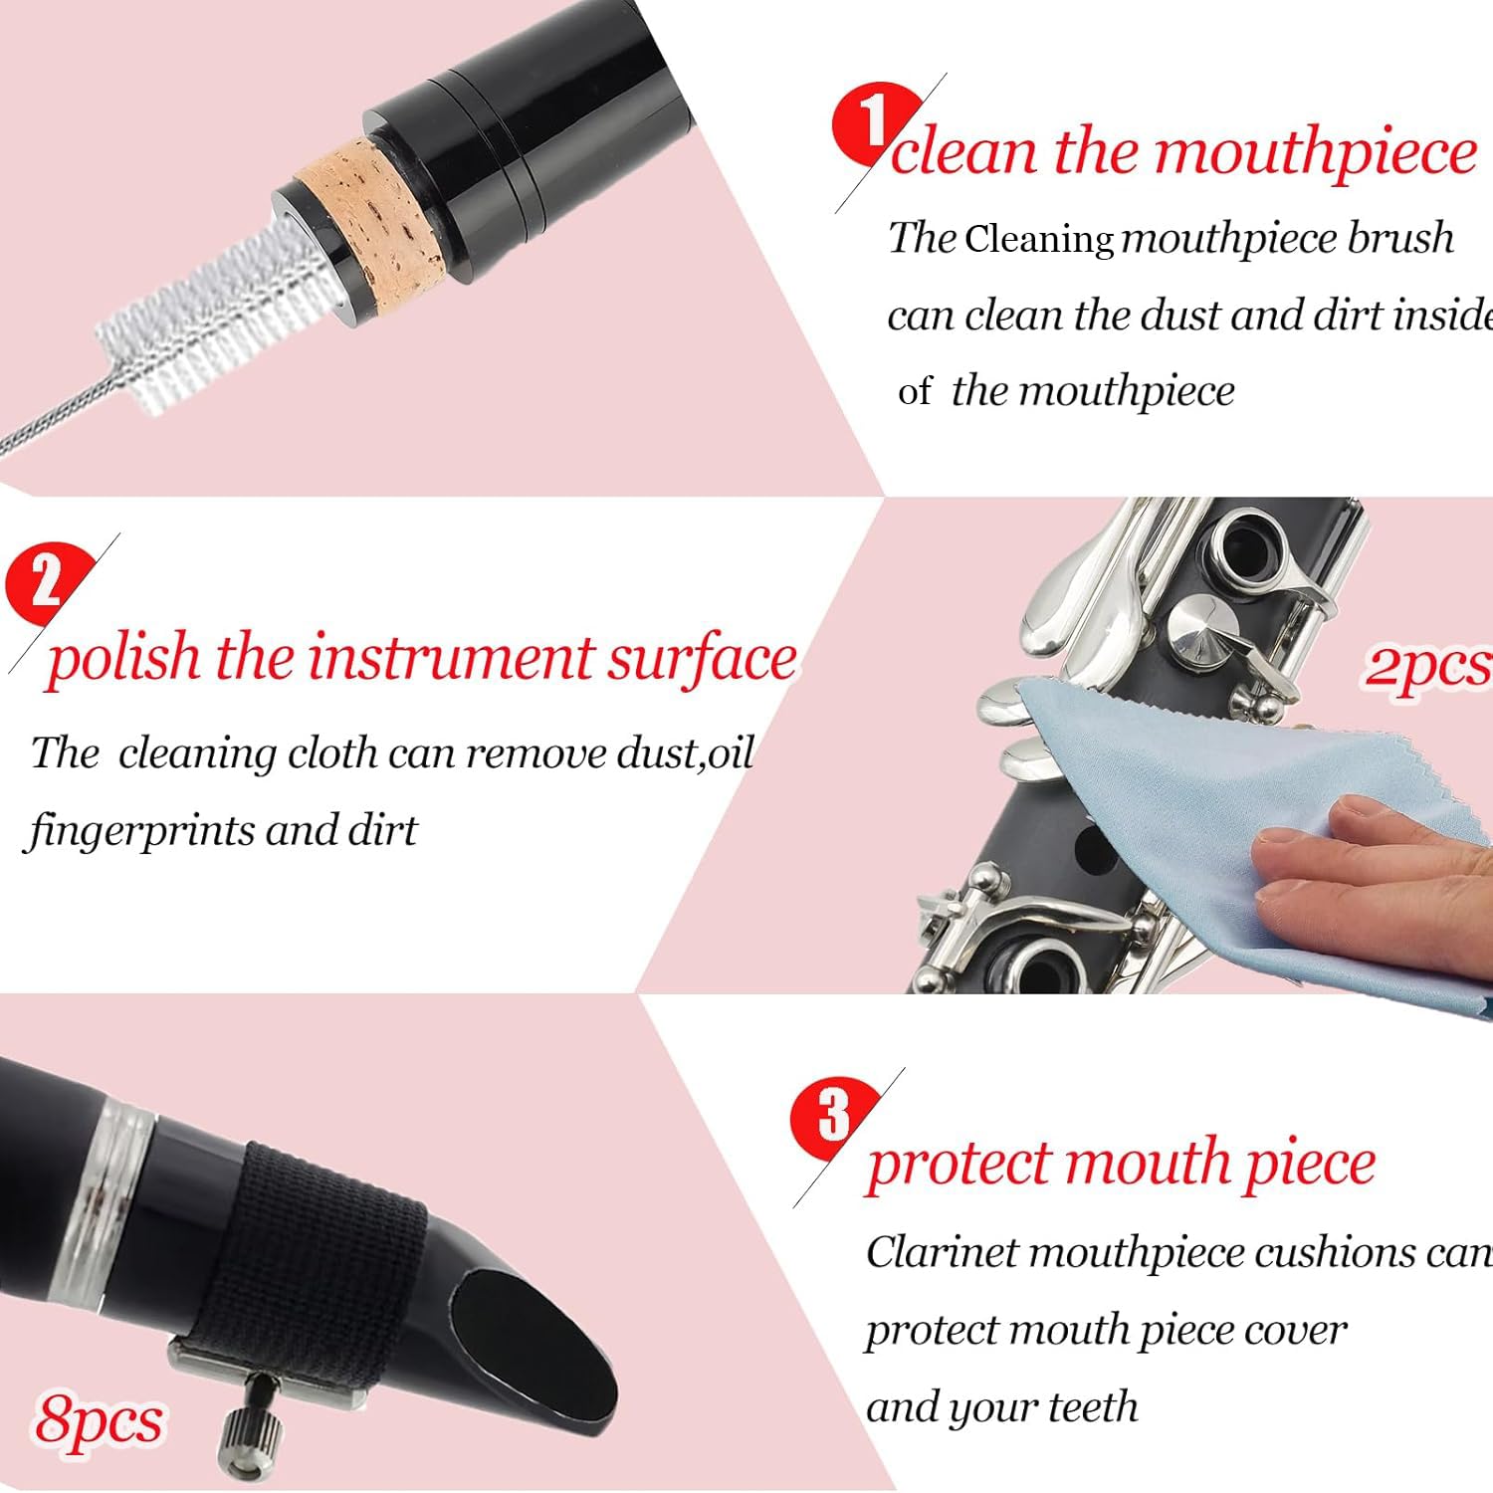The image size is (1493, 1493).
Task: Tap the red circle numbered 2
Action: pyautogui.click(x=46, y=581)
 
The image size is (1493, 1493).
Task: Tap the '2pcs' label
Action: pyautogui.click(x=1426, y=665)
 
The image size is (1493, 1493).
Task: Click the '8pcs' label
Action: pyautogui.click(x=99, y=1420)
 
